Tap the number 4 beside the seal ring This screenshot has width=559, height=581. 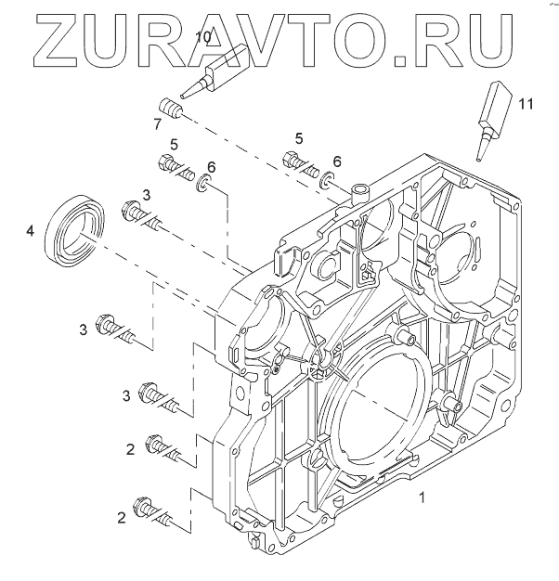point(31,229)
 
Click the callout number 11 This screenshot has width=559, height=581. point(527,103)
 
